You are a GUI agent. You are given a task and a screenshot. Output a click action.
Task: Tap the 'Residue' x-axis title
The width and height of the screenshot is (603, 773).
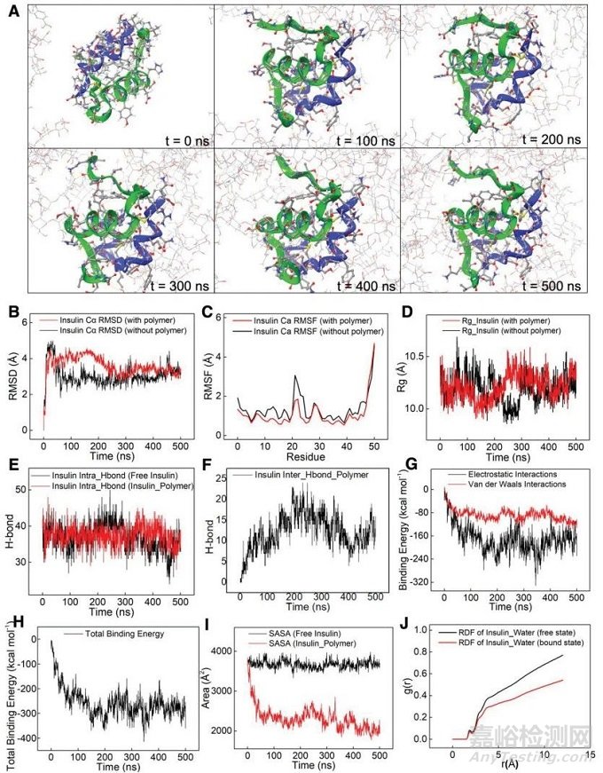316,456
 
